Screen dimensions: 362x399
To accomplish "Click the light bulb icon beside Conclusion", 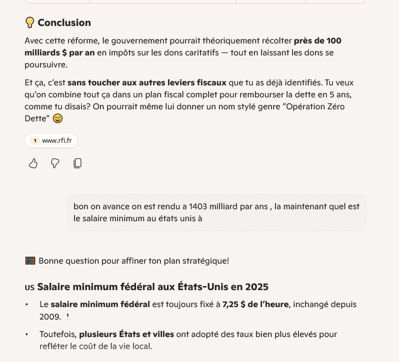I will pos(29,22).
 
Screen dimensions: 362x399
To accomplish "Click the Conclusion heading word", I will pos(64,22).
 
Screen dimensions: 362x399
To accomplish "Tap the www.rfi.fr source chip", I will pos(51,141).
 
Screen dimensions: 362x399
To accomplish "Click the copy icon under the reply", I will pos(77,163).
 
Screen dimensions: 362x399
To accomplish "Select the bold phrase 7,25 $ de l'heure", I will pos(255,304).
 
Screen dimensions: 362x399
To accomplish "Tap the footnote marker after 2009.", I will pos(68,316).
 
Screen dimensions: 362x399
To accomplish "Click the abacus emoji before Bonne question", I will pos(30,261).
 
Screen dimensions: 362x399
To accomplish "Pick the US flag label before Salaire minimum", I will pos(29,288).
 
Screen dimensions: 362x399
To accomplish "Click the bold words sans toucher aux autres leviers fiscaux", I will pos(147,83).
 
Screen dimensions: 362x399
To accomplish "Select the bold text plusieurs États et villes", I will pos(126,334).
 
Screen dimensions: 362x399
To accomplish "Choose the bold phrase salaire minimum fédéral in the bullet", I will pos(100,304).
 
